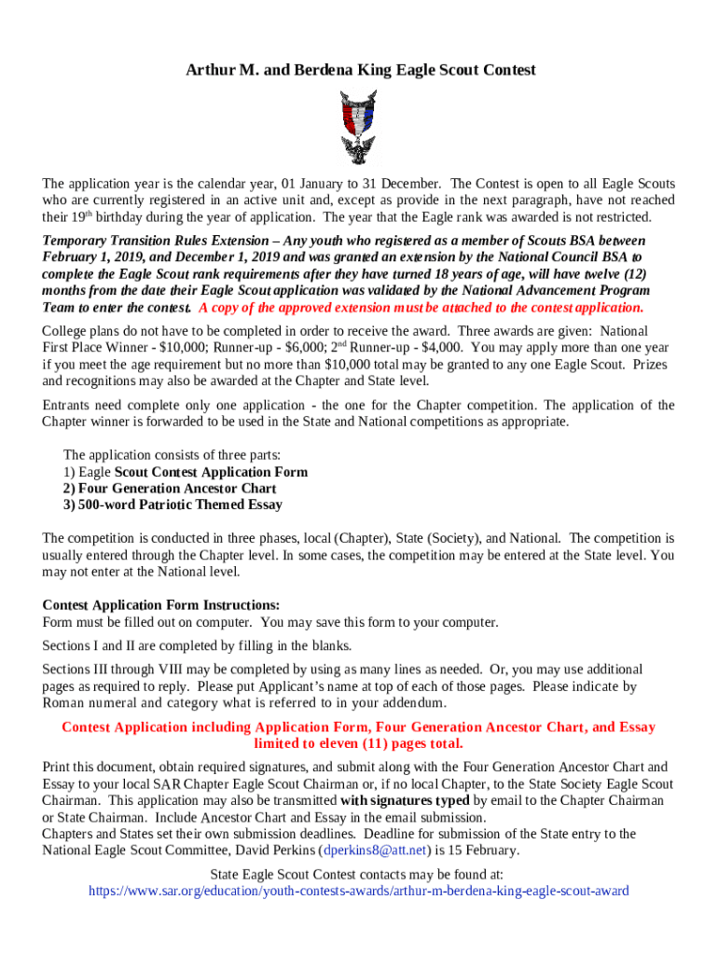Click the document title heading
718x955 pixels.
click(359, 70)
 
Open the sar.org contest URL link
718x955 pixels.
click(358, 891)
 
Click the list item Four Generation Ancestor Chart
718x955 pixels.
click(170, 488)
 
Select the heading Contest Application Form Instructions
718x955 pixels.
click(161, 605)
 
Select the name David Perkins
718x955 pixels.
click(270, 851)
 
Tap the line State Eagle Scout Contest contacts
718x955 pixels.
click(358, 874)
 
